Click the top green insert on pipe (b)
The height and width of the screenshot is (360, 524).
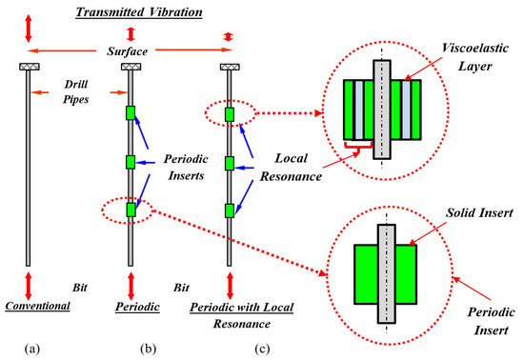(x=132, y=114)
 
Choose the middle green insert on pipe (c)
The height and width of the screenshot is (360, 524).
(x=230, y=162)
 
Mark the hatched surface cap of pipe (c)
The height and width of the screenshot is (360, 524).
(x=229, y=67)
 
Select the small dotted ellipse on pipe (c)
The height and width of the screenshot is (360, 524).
(x=230, y=114)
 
